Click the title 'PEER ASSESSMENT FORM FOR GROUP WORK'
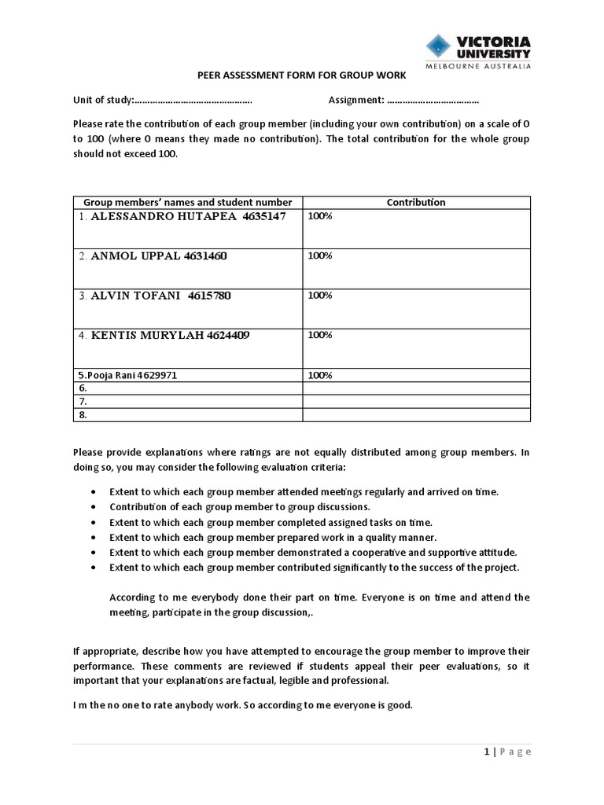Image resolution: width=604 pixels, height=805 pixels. (301, 75)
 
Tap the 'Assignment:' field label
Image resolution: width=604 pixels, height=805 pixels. (355, 100)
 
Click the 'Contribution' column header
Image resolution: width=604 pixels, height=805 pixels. (416, 202)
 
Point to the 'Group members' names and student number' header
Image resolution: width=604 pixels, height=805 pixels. (187, 202)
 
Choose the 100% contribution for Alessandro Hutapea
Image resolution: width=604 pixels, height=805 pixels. (320, 216)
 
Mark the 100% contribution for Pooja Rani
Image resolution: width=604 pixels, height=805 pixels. (320, 375)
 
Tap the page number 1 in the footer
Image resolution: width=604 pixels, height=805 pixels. (487, 752)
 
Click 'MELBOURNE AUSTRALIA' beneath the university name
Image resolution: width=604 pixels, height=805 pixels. (478, 66)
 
